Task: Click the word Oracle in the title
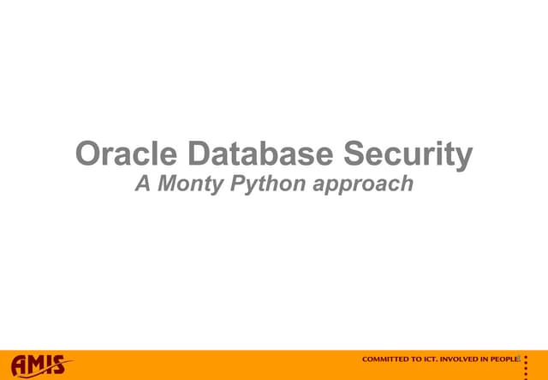(128, 155)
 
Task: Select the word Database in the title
(262, 155)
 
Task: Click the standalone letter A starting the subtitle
(142, 184)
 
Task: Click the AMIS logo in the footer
(41, 365)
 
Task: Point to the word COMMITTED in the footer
(386, 359)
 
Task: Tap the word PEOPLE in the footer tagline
(504, 359)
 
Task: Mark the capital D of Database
(200, 155)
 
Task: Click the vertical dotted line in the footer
(525, 365)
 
